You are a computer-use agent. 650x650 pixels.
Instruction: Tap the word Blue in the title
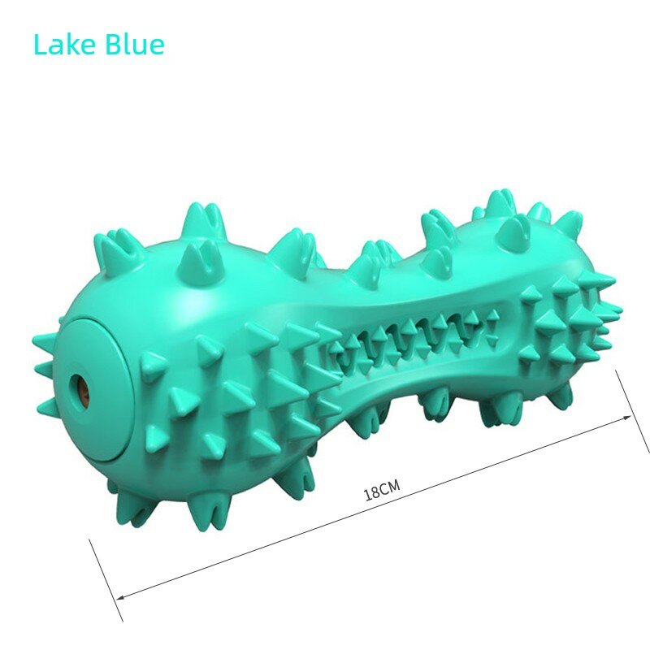(135, 44)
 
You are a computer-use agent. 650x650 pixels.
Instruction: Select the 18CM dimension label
(382, 490)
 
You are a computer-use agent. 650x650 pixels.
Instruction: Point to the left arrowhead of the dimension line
(120, 597)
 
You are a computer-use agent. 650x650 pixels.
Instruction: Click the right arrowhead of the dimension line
(626, 418)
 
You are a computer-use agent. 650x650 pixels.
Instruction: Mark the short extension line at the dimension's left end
(106, 580)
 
